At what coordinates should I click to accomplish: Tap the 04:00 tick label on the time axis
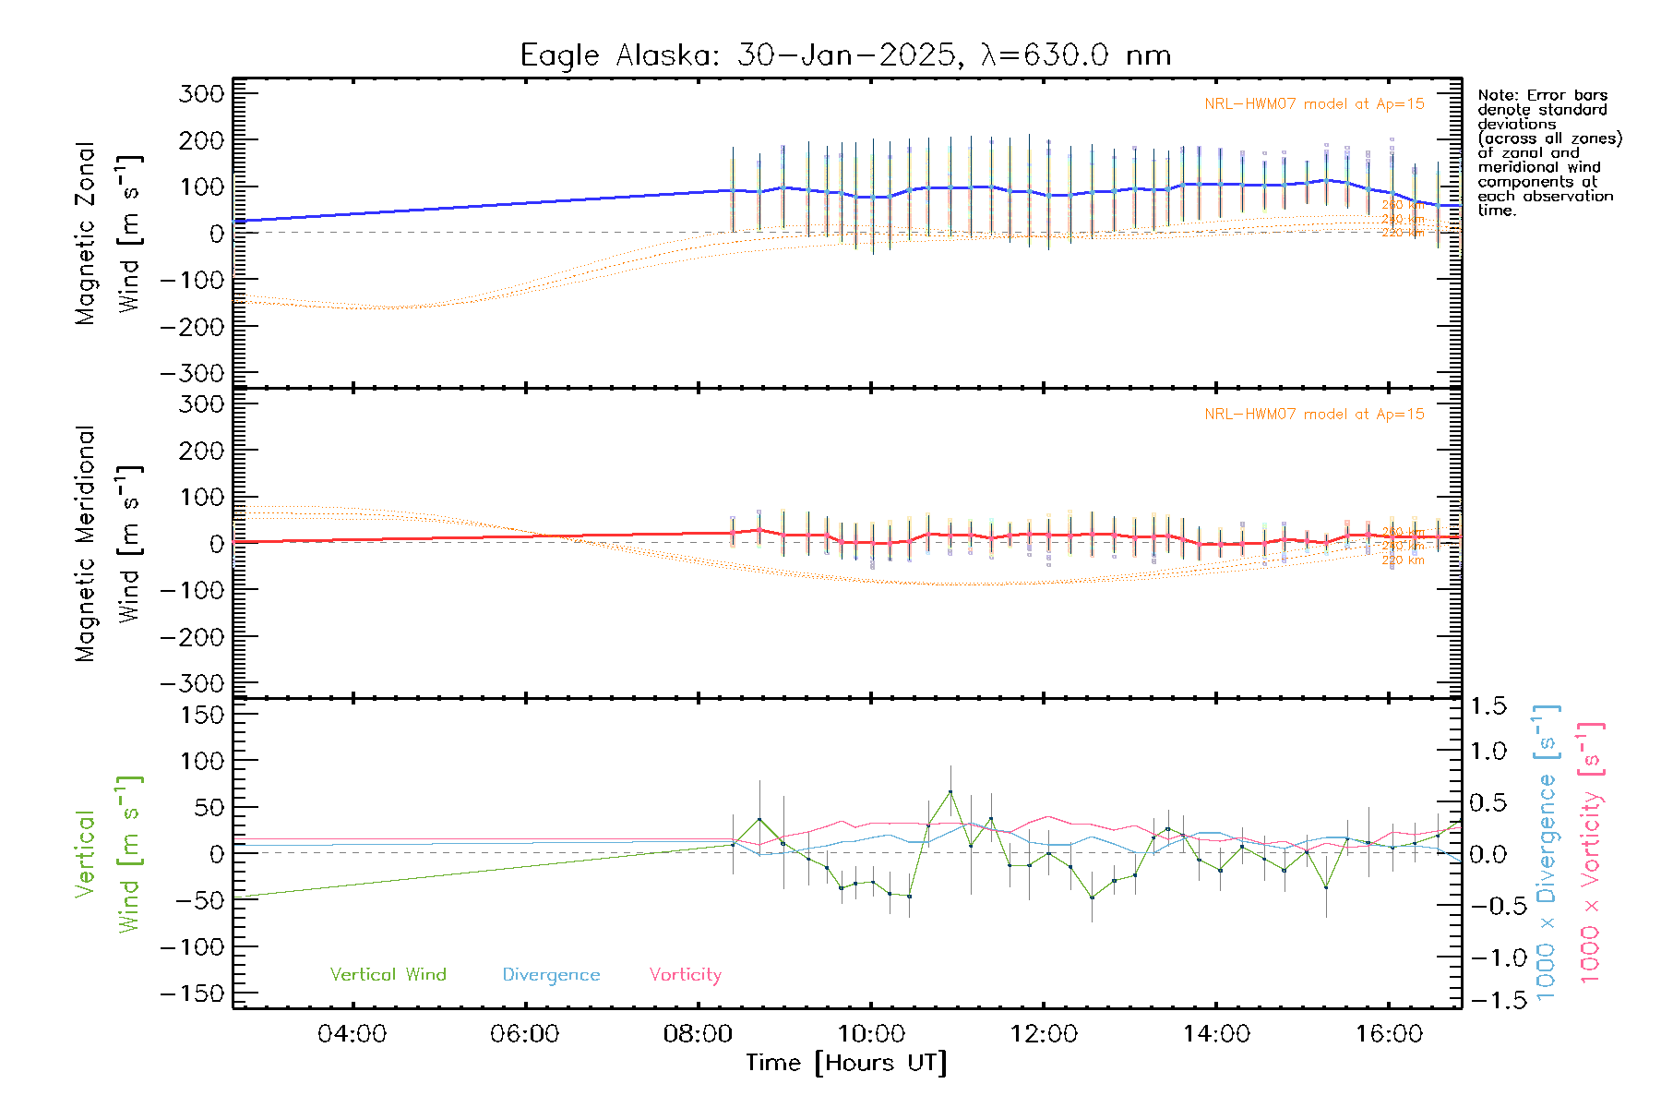pyautogui.click(x=352, y=1034)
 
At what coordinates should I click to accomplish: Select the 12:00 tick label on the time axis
pyautogui.click(x=1044, y=1034)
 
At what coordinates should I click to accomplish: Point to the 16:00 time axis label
pyautogui.click(x=1390, y=1034)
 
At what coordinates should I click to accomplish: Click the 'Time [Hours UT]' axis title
pyautogui.click(x=846, y=1063)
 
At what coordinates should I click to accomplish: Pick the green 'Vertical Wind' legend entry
pyautogui.click(x=388, y=975)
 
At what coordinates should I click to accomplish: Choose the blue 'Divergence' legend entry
pyautogui.click(x=551, y=975)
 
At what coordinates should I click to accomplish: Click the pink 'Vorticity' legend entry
pyautogui.click(x=685, y=975)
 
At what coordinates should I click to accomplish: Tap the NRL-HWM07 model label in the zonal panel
pyautogui.click(x=1314, y=104)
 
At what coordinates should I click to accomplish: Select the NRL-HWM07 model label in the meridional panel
pyautogui.click(x=1314, y=415)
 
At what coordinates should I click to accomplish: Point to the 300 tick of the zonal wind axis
pyautogui.click(x=201, y=94)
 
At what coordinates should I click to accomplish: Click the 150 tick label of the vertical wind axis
pyautogui.click(x=201, y=715)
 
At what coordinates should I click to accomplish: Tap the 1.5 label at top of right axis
pyautogui.click(x=1488, y=706)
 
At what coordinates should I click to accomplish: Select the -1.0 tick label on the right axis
pyautogui.click(x=1485, y=957)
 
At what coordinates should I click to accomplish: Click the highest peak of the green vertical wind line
pyautogui.click(x=950, y=791)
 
